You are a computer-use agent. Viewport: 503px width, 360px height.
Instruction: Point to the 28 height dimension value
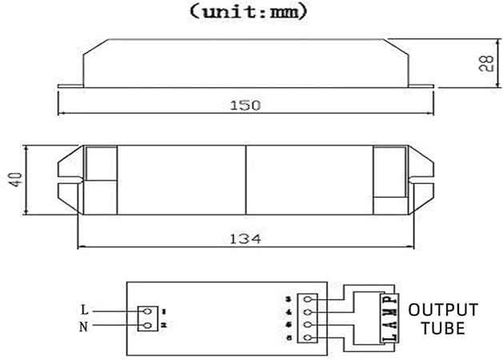point(485,64)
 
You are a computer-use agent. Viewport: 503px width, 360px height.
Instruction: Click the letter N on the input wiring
point(85,326)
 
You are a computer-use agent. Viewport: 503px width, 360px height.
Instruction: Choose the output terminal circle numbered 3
point(306,299)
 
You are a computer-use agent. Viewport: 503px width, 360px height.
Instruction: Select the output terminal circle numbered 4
point(306,312)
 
